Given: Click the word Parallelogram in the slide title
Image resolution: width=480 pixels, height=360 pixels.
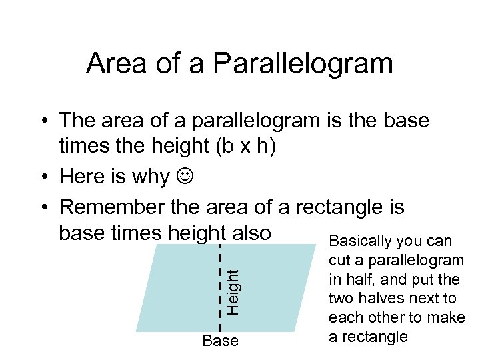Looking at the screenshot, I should [x=303, y=64].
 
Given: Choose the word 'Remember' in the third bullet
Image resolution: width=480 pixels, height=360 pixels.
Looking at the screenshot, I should [x=112, y=207].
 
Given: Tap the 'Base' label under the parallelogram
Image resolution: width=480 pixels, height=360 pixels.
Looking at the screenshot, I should [x=220, y=341].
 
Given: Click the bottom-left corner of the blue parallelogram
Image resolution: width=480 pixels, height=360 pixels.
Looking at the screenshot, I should [x=137, y=331].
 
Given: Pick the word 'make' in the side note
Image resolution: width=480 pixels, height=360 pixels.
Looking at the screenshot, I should [x=448, y=317].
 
